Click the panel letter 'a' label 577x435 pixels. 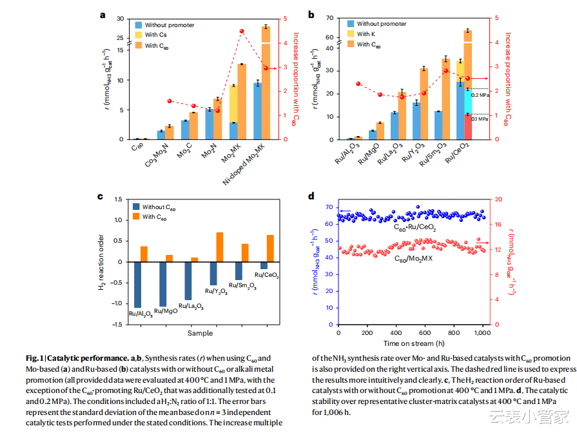[102, 14]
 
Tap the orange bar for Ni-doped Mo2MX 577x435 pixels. [266, 84]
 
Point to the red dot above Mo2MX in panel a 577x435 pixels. [242, 32]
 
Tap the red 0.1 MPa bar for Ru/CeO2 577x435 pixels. [468, 126]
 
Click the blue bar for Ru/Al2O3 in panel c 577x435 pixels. [137, 285]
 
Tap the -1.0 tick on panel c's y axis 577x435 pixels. [119, 303]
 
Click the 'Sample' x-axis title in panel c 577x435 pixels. [200, 333]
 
